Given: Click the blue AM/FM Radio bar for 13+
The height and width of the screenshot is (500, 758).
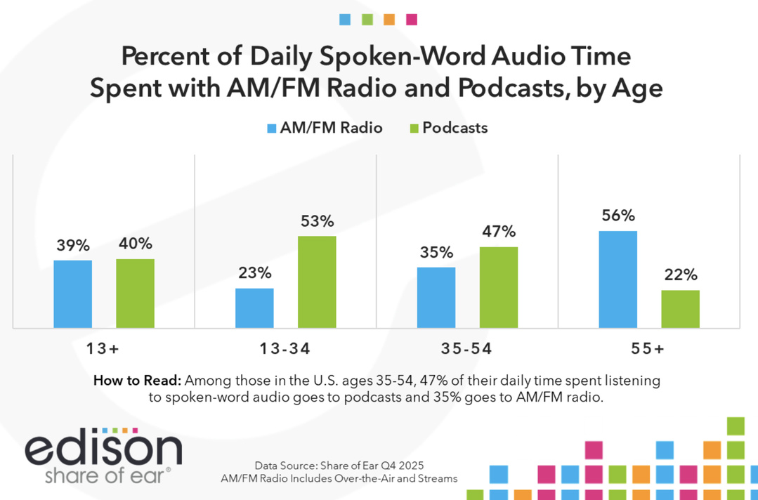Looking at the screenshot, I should click(x=72, y=294).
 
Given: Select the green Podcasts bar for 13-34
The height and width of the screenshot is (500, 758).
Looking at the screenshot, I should click(x=317, y=282).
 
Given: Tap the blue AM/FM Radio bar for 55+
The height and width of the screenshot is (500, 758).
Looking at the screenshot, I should click(x=617, y=279).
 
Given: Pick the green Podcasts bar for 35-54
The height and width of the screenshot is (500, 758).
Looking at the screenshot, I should click(x=498, y=287).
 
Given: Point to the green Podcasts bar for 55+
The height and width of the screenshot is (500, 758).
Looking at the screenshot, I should click(x=680, y=309).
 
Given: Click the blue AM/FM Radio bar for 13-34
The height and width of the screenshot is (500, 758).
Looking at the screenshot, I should click(x=254, y=308).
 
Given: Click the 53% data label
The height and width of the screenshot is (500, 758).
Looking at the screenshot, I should click(x=317, y=222).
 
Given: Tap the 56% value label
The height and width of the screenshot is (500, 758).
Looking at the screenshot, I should click(x=617, y=216).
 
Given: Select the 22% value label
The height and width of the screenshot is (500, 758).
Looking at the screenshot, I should click(x=680, y=275).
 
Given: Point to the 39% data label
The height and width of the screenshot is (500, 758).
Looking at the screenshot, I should click(x=72, y=246).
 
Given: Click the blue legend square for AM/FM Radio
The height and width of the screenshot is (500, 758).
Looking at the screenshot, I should click(x=272, y=129).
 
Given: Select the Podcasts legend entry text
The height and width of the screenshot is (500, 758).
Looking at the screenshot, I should click(x=455, y=128).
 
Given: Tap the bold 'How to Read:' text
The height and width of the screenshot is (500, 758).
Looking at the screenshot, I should click(x=137, y=381).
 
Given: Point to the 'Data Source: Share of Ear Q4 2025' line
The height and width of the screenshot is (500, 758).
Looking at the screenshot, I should click(x=339, y=466).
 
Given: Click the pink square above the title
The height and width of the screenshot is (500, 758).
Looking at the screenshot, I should click(x=412, y=20).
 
